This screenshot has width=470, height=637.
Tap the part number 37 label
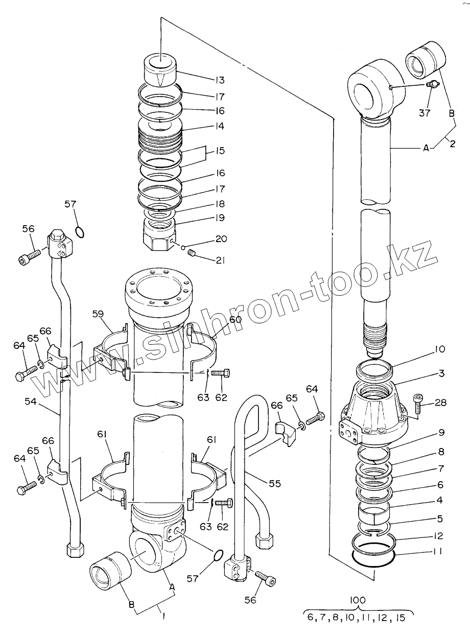tap(425, 113)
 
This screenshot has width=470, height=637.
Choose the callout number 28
tap(440, 403)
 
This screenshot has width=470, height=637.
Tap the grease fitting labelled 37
tap(432, 85)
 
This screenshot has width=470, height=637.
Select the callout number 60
tap(235, 320)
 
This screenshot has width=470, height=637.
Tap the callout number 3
tap(440, 373)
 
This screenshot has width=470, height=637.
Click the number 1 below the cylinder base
tap(163, 617)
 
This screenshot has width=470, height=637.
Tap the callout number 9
tap(440, 432)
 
